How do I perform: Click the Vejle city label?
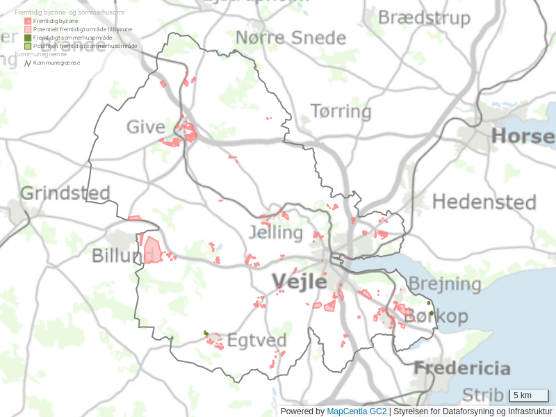coord(299,281)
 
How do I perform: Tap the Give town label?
coord(146,127)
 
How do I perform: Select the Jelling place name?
coord(276,232)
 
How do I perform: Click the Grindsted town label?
coord(65,193)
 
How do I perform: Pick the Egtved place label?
coord(257,341)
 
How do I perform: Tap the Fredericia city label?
coord(462,368)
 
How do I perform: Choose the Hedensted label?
coord(484,202)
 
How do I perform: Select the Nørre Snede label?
coord(291,38)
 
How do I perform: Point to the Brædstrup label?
coord(424,17)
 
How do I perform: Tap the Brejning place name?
coord(444,284)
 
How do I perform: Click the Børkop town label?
coord(436,316)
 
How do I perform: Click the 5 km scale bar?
coord(529,395)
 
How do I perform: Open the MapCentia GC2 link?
coord(357,411)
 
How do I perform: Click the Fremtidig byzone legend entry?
coord(56,21)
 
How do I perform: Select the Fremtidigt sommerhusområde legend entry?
coord(72,38)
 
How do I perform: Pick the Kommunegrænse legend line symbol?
coord(28,63)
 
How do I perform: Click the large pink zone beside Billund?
coord(152,250)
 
